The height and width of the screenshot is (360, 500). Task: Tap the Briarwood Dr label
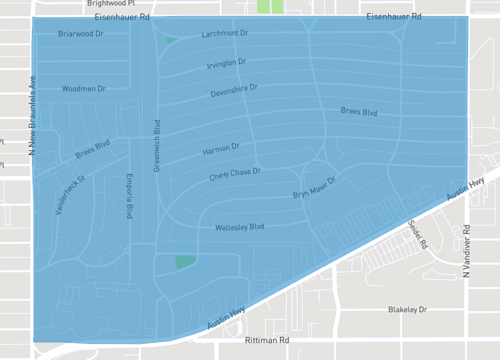82,34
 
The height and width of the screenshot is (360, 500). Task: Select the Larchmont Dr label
224,34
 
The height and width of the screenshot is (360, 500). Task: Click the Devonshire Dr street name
234,90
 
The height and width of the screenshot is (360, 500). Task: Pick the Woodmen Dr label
83,89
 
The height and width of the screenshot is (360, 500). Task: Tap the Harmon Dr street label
221,149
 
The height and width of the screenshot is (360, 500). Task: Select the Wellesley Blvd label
240,228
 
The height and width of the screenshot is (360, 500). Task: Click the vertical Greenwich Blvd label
157,146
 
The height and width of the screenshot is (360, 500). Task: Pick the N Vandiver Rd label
466,252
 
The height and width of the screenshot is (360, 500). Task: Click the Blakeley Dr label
408,310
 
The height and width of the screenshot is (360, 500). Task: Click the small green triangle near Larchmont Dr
171,41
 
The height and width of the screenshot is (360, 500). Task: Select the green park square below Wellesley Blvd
185,261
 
